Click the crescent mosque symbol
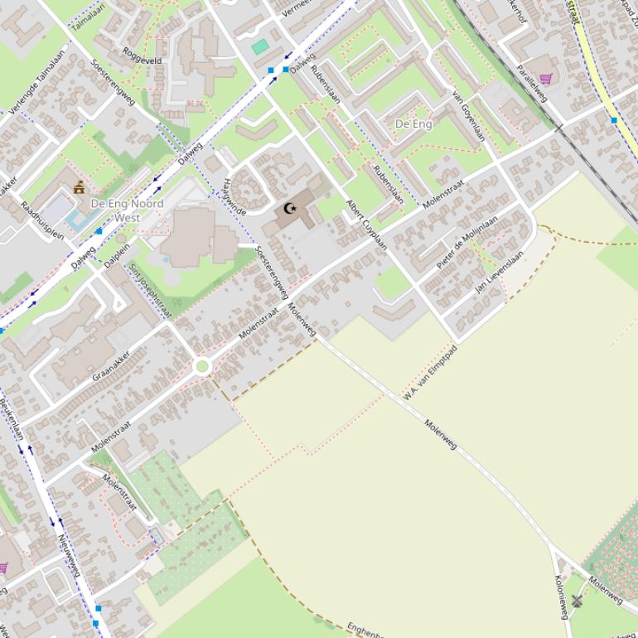point(289,209)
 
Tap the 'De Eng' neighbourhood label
point(413,123)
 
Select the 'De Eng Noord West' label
point(127,210)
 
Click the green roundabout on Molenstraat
point(201,365)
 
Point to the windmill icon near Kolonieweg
point(577,601)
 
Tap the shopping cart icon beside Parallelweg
point(545,79)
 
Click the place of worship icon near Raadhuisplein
point(80,187)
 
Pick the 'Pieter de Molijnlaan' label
point(467,242)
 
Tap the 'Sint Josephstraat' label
point(150,291)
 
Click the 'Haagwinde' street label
point(235,199)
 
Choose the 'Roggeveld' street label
point(142,60)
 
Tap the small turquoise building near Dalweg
point(260,46)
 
